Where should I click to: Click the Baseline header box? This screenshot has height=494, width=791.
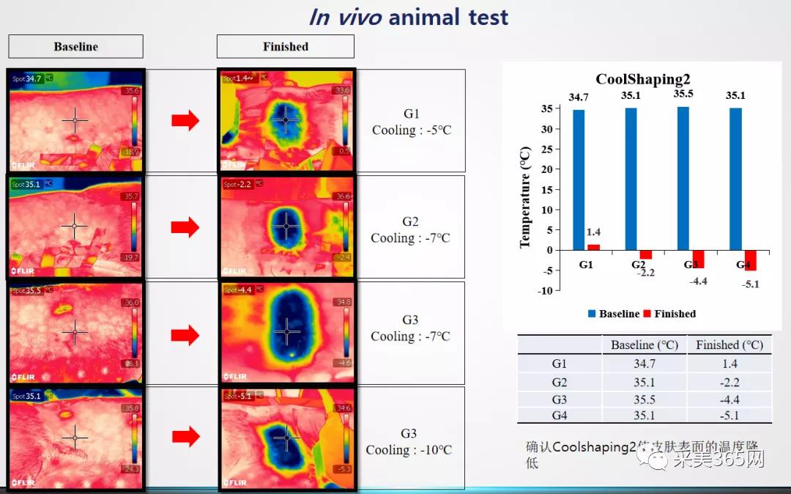[75, 47]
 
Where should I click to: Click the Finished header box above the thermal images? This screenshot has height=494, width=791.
[285, 47]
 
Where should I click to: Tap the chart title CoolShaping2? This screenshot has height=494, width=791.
[642, 79]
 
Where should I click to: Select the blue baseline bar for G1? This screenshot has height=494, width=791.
[579, 180]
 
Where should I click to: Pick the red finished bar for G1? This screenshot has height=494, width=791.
[593, 247]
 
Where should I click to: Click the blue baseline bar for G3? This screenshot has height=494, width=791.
[683, 178]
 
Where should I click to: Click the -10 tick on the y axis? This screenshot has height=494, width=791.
[543, 290]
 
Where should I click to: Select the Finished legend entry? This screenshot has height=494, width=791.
[669, 314]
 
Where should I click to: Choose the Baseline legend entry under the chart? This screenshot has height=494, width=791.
[613, 314]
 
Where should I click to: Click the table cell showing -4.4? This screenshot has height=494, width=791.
[729, 399]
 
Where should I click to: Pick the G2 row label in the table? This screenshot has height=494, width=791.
[560, 382]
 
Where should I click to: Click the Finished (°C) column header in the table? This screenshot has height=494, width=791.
[729, 344]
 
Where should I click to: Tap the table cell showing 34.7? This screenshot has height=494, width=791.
[644, 364]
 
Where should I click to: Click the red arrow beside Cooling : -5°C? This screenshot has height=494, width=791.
[185, 121]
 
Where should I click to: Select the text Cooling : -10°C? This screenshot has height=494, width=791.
[409, 450]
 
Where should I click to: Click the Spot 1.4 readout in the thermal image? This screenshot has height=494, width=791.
[239, 78]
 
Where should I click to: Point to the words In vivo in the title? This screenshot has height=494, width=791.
[345, 17]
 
